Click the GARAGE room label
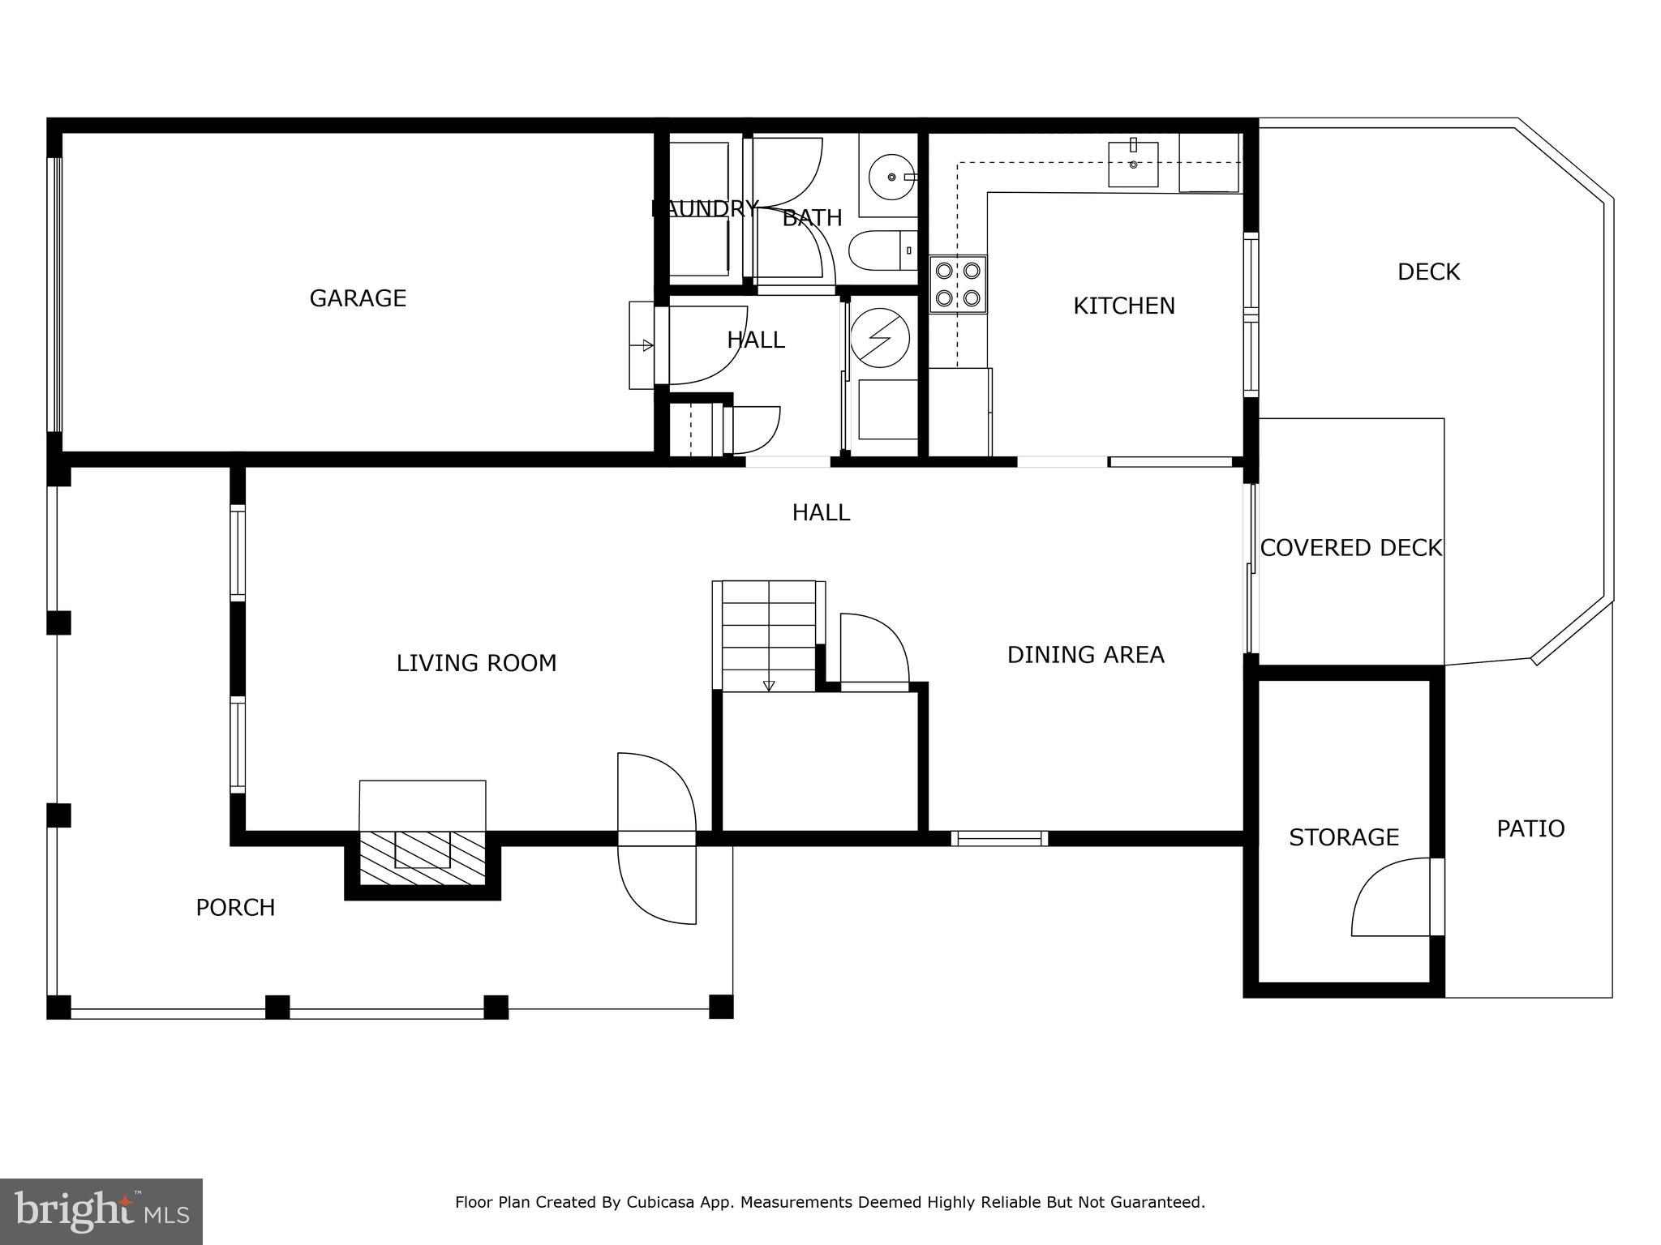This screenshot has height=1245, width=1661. tap(358, 298)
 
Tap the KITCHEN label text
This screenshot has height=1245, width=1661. tap(1123, 306)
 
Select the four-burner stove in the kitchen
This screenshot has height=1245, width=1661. tap(958, 285)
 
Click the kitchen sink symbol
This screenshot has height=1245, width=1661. tap(1133, 164)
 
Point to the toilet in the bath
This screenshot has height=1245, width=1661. tap(880, 250)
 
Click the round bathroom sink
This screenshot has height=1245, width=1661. tap(891, 177)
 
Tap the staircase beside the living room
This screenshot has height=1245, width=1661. tap(768, 636)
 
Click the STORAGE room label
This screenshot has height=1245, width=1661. tap(1344, 837)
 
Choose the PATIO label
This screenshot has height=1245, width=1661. tap(1530, 828)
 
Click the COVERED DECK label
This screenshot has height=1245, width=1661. tap(1350, 548)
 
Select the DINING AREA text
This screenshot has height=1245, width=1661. tap(1085, 655)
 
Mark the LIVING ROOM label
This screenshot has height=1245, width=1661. tap(476, 663)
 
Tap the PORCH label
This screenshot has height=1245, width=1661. tap(235, 907)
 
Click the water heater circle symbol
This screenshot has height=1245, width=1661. tap(880, 337)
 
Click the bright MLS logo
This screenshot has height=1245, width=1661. tap(101, 1212)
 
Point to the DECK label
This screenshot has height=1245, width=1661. tap(1428, 272)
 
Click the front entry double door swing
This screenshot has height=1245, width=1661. tap(657, 839)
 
